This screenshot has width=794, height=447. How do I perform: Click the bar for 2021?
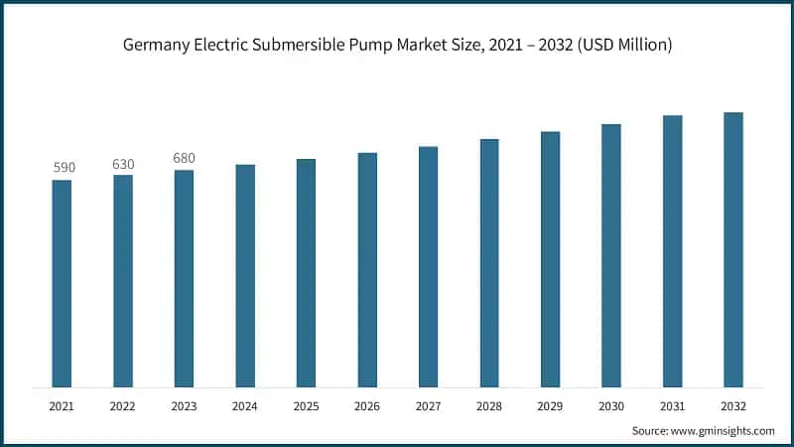point(62,283)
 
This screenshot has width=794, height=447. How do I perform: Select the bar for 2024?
point(245,275)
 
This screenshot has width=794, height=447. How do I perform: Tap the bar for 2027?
point(428,266)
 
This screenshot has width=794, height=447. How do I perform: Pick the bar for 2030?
point(611,255)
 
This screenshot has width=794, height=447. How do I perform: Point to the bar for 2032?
point(733,249)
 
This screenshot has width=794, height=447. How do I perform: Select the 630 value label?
point(123,164)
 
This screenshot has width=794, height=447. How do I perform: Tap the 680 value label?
point(184,159)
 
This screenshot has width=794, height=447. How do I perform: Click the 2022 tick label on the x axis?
point(123,406)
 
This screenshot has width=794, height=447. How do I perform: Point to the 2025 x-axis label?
point(306,406)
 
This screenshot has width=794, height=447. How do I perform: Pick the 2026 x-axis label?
point(367,406)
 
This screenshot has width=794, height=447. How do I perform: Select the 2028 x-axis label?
point(489,406)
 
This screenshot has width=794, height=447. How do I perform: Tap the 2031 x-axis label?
point(672,406)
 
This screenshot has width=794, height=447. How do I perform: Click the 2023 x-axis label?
point(184,406)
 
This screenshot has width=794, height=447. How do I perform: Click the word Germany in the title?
point(154,45)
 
